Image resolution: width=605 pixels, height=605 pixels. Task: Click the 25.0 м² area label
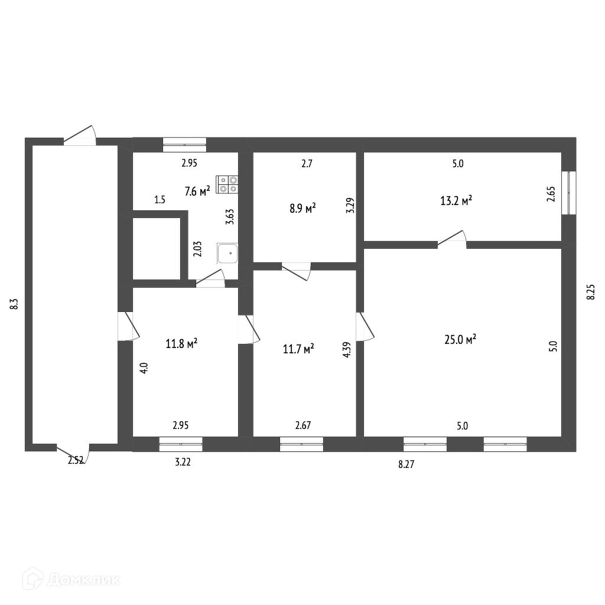tap(460, 340)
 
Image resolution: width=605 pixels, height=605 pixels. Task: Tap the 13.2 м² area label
tap(457, 201)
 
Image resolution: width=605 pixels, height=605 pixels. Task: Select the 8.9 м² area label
tap(303, 209)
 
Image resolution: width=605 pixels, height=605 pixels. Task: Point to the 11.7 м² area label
tap(298, 349)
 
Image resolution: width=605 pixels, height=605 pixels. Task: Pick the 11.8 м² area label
tap(182, 343)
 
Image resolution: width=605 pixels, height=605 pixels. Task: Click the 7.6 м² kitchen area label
tap(197, 191)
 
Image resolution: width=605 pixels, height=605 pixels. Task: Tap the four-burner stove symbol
tap(227, 184)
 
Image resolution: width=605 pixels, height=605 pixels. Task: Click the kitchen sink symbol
tap(227, 253)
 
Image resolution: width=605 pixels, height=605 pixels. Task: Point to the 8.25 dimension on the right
tap(591, 292)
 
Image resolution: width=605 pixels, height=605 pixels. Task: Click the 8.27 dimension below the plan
tap(406, 464)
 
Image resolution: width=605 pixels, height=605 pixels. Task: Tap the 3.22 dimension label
tap(183, 462)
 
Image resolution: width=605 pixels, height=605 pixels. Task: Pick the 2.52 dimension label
tap(76, 460)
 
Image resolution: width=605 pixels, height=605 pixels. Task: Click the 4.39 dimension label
tap(346, 350)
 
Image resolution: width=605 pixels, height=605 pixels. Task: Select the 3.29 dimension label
tap(350, 206)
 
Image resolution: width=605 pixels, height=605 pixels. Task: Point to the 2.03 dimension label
tap(197, 249)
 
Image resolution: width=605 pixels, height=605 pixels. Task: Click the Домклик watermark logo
tap(71, 580)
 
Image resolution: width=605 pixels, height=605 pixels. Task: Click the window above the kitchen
tap(184, 145)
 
